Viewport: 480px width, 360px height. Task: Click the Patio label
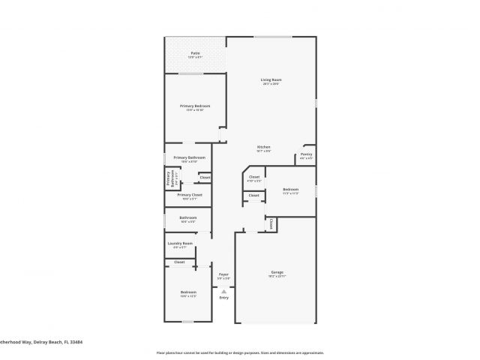[x=195, y=53]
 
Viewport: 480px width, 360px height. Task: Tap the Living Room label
[x=271, y=79]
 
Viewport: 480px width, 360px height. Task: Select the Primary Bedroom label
[x=195, y=106]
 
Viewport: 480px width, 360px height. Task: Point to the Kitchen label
[x=263, y=146]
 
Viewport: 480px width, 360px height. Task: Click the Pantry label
[x=306, y=154]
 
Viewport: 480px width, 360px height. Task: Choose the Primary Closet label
[x=190, y=195]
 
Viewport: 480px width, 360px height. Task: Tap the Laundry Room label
[x=180, y=243]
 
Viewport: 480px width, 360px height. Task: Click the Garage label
[x=277, y=271]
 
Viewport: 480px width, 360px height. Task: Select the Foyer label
[x=223, y=274]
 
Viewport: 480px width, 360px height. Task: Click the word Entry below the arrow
[x=223, y=298]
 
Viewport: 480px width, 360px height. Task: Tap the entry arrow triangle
[x=223, y=290]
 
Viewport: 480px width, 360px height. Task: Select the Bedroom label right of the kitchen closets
[x=291, y=189]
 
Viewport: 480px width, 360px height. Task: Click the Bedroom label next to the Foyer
[x=187, y=292]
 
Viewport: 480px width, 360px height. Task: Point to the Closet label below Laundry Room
[x=180, y=262]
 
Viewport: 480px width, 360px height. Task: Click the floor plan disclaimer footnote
[x=240, y=352]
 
